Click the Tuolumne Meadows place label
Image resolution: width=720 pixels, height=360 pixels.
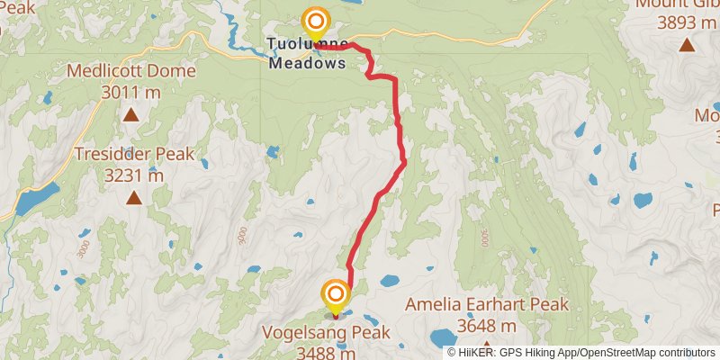click(x=307, y=53)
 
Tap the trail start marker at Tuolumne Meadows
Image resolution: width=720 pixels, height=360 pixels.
click(x=315, y=22)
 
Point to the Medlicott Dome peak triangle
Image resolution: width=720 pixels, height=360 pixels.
click(x=130, y=113)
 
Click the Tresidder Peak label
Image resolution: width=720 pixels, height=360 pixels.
click(x=134, y=154)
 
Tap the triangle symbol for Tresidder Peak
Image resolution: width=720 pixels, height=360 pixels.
click(x=134, y=197)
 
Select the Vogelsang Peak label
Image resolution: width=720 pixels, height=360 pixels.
click(x=326, y=331)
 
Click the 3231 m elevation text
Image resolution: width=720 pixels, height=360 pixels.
click(x=134, y=175)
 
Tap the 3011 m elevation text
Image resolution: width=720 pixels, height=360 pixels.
click(x=130, y=92)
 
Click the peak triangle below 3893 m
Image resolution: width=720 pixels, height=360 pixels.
click(x=687, y=45)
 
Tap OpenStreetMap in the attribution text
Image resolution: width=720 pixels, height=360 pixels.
click(x=621, y=352)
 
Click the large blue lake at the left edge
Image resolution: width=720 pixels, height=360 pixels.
click(x=36, y=198)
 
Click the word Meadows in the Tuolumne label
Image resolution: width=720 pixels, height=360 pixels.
click(x=307, y=64)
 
